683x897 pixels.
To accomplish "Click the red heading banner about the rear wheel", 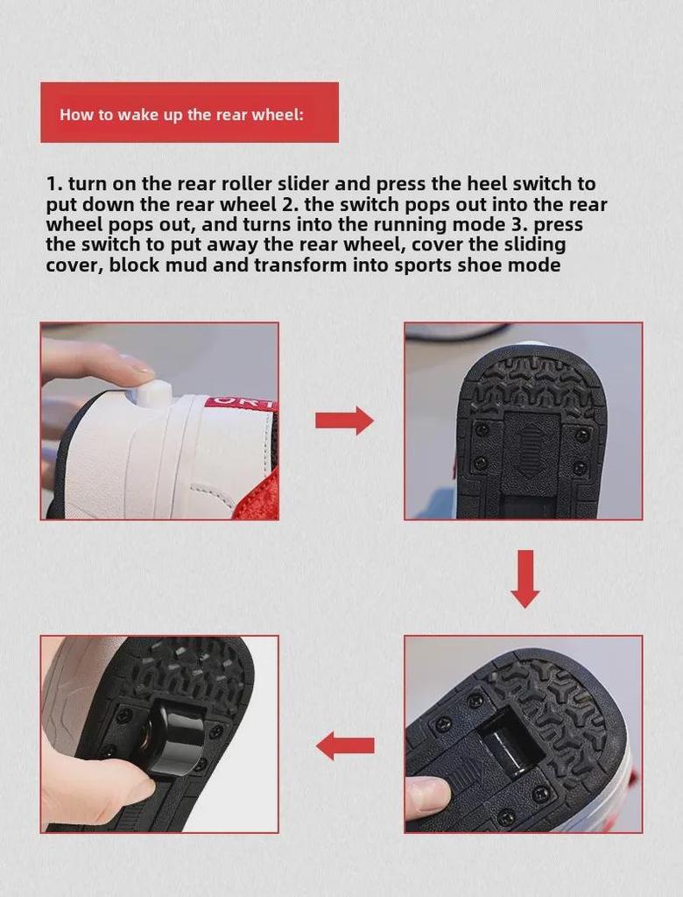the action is pyautogui.click(x=189, y=112).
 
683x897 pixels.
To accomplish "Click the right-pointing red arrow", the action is pyautogui.click(x=344, y=420).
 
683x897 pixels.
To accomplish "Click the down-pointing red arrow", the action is pyautogui.click(x=525, y=578).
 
